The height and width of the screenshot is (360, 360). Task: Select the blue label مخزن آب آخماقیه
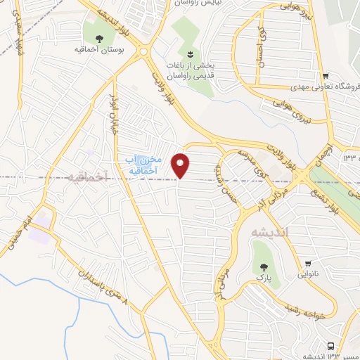point(148,165)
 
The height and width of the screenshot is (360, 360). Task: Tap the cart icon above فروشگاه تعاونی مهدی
point(325,77)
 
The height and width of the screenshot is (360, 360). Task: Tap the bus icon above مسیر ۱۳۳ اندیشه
point(330,345)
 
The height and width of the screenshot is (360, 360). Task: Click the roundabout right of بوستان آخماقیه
point(143,51)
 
